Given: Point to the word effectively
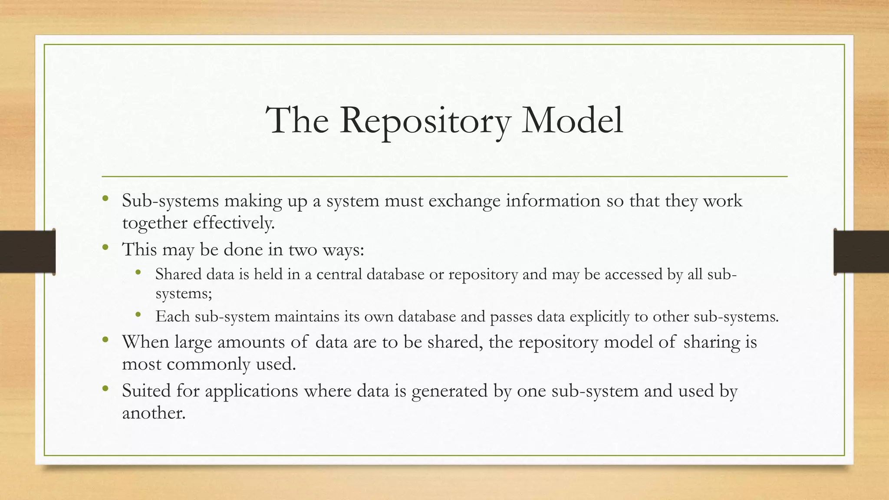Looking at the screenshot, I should click(x=234, y=223).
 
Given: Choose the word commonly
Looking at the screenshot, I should click(x=208, y=364).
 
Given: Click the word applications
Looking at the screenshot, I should click(x=251, y=391).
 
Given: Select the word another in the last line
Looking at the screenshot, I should click(x=154, y=412).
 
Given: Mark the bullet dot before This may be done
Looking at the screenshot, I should click(x=105, y=248).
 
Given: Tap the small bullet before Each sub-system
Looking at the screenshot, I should click(x=138, y=315).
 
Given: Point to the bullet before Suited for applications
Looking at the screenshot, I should click(x=105, y=389).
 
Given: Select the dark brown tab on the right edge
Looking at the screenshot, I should click(x=861, y=252).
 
